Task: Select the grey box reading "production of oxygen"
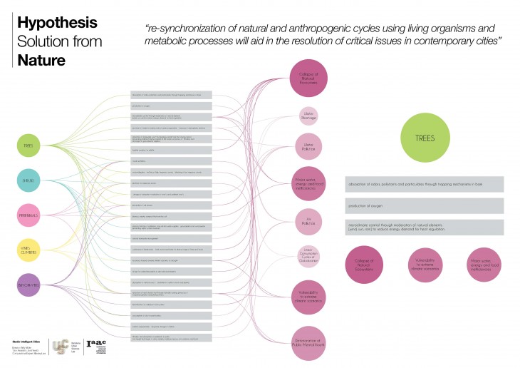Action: point(423,206)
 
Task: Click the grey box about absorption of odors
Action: point(423,184)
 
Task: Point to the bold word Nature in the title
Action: point(43,61)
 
